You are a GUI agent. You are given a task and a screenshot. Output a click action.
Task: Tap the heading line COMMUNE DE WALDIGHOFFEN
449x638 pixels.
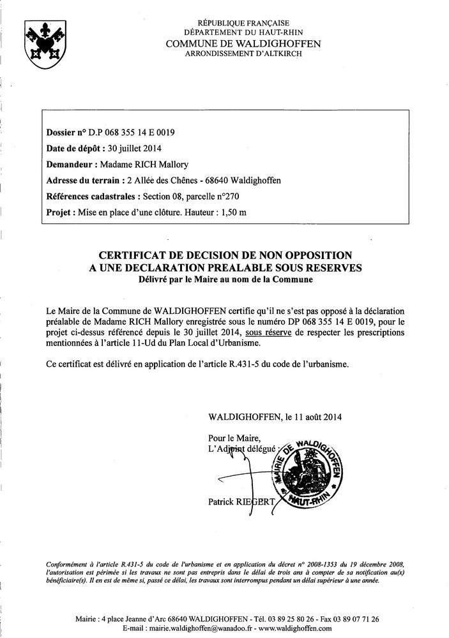click(243, 43)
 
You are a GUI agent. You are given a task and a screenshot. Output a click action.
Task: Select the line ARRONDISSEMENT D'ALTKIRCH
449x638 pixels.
click(243, 54)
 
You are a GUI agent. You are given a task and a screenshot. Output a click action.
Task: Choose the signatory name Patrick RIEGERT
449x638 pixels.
click(241, 501)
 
